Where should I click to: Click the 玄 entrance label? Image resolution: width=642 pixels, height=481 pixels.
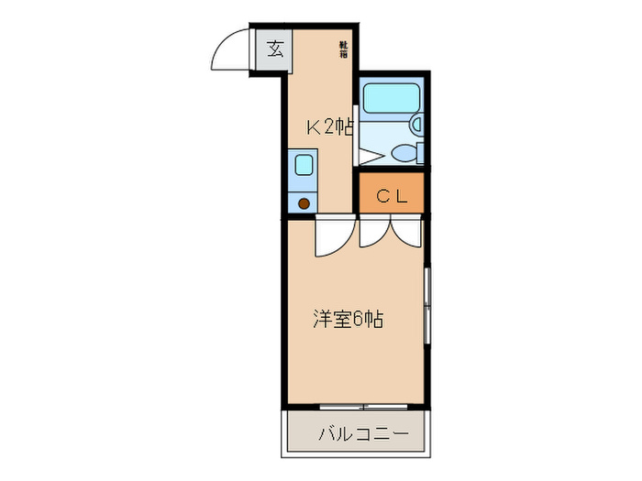(274, 49)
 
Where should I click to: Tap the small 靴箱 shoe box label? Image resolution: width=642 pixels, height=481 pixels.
(343, 49)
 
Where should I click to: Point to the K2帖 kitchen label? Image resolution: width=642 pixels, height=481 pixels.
(328, 127)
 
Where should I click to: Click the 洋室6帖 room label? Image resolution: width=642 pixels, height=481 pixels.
(348, 320)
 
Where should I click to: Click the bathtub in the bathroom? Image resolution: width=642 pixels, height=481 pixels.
(389, 98)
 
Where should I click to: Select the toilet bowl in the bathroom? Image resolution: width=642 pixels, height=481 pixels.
(403, 153)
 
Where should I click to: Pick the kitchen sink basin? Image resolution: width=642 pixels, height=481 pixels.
(302, 165)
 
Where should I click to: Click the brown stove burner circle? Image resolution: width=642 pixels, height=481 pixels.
(302, 202)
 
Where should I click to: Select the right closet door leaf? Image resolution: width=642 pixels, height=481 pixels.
(404, 235)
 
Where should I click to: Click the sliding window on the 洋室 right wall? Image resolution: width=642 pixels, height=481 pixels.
(427, 308)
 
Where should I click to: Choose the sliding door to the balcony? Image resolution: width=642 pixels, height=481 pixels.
(362, 405)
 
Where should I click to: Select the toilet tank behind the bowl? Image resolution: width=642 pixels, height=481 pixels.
(421, 153)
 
